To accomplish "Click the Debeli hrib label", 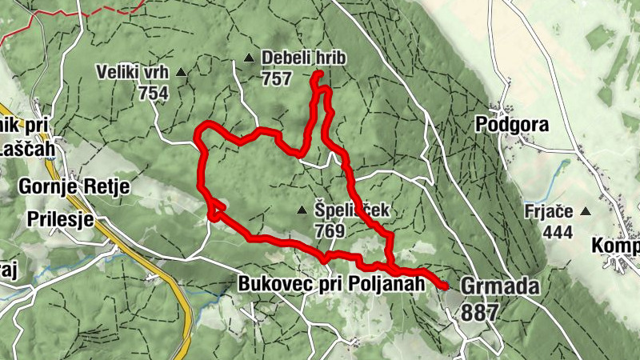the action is click(295, 58).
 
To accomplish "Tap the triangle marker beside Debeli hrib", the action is click(249, 58).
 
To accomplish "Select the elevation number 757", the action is click(276, 78).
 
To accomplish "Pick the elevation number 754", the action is click(153, 93).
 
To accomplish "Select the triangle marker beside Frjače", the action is click(586, 212).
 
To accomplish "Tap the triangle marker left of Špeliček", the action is click(302, 210).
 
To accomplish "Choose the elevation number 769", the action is click(330, 231).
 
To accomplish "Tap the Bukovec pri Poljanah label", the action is click(330, 283).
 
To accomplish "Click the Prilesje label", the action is click(61, 220).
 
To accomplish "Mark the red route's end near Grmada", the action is click(446, 286).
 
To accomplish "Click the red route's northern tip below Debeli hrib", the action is click(319, 74).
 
